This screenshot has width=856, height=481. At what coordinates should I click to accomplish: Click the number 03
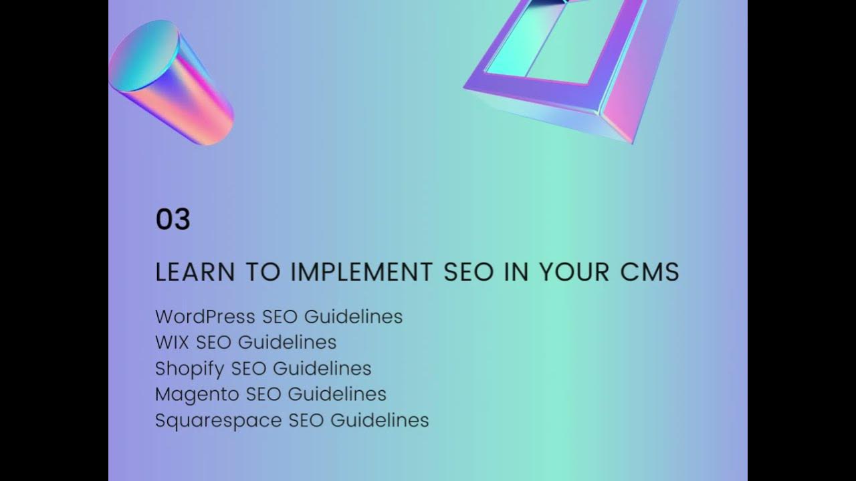click(x=173, y=220)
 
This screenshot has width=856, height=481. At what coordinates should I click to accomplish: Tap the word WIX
click(x=172, y=342)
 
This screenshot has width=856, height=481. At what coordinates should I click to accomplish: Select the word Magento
click(x=197, y=394)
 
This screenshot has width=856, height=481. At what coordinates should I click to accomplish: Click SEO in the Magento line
click(x=263, y=394)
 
